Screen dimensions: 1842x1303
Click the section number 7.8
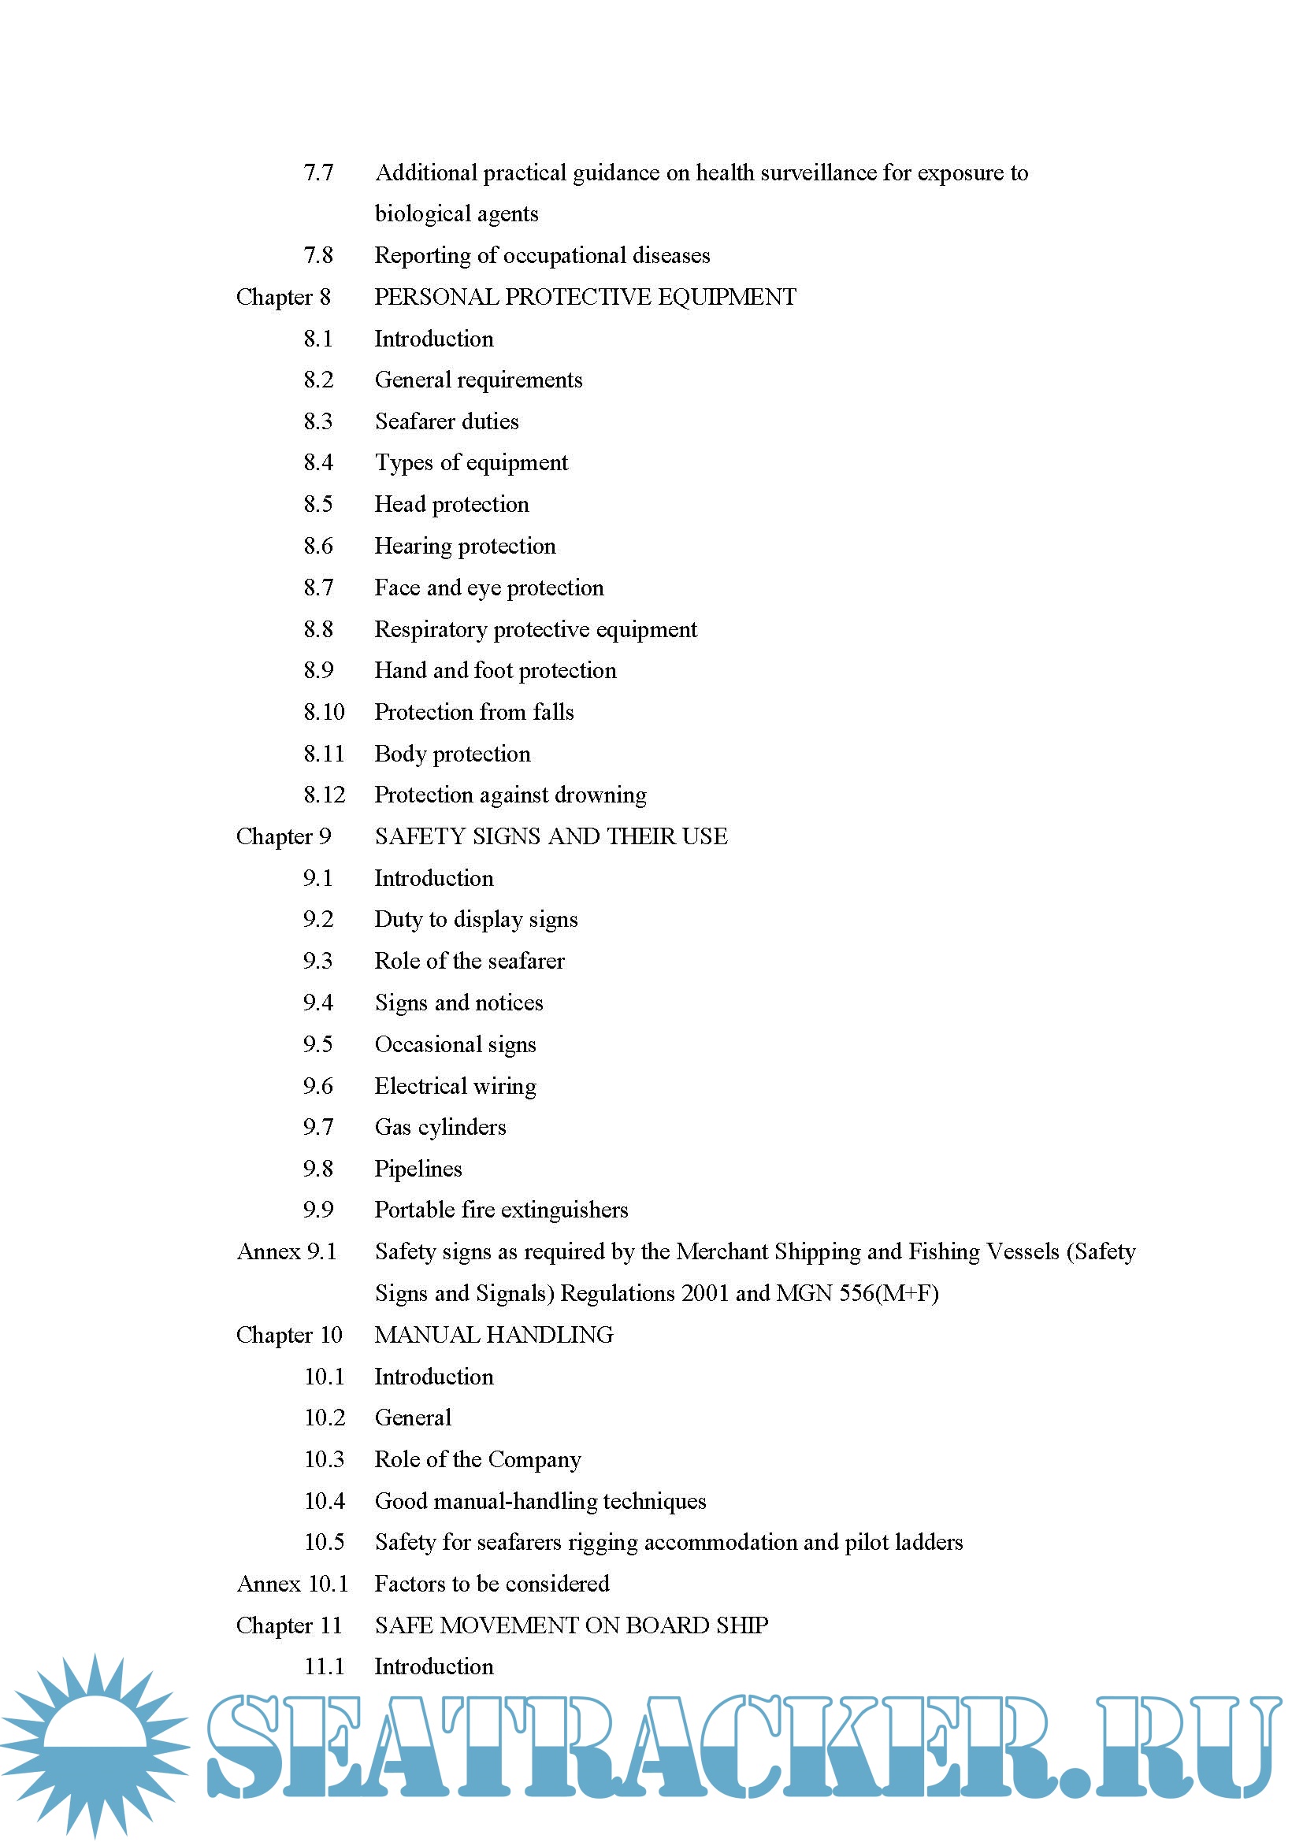(317, 255)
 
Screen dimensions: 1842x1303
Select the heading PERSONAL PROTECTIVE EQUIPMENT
(585, 297)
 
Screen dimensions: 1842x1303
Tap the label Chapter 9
(284, 837)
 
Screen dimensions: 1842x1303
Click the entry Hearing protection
(465, 547)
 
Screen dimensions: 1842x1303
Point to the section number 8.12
(324, 795)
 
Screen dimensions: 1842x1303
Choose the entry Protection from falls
(473, 713)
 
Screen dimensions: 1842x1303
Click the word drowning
(600, 795)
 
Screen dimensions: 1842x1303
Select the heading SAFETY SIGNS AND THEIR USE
(551, 837)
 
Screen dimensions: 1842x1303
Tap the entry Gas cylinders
(440, 1127)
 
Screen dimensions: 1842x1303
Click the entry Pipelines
(418, 1169)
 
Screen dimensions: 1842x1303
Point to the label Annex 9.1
(287, 1251)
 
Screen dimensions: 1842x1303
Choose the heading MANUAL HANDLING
(493, 1335)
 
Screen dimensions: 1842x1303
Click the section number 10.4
(324, 1501)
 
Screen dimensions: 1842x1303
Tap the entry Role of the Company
(477, 1459)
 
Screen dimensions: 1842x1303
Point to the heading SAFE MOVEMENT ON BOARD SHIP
(571, 1625)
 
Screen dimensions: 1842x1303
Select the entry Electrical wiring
(455, 1086)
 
